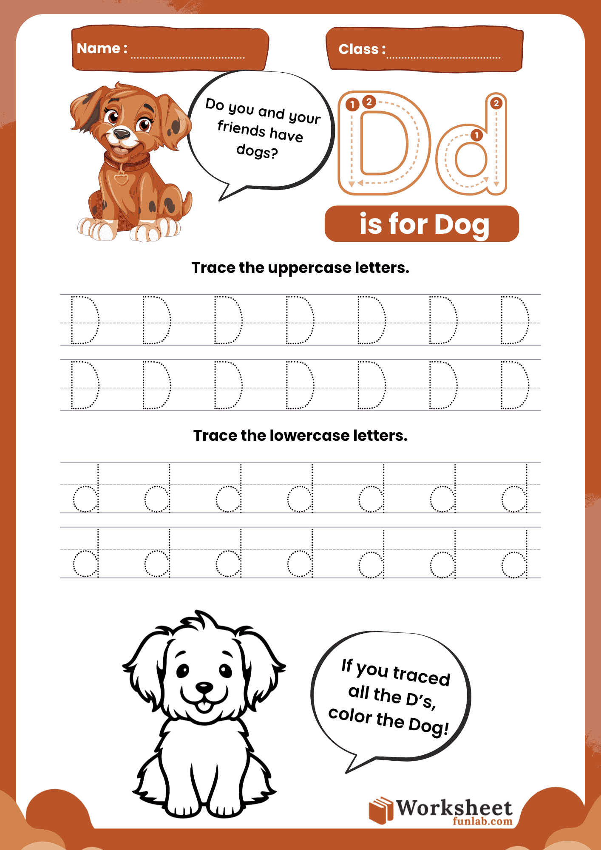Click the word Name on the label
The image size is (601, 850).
[99, 48]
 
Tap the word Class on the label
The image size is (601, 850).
[358, 49]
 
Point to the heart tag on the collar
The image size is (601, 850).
[121, 178]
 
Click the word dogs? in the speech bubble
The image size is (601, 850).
[257, 151]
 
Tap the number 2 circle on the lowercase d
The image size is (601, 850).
[496, 103]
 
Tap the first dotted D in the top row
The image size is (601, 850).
[85, 320]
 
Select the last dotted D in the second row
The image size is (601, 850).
[515, 385]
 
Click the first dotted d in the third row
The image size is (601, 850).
[86, 489]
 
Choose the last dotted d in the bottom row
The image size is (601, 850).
[515, 554]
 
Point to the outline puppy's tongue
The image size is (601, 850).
[204, 706]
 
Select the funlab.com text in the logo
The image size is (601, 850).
[482, 821]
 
